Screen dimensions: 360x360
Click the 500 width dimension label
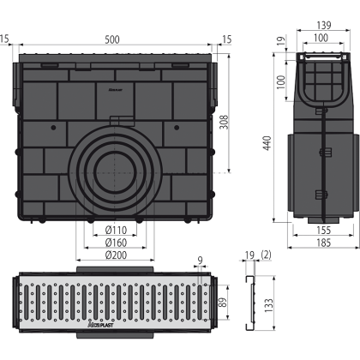[x=112, y=39]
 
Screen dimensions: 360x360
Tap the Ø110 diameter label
[x=116, y=230]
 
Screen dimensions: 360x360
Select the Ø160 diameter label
[x=116, y=243]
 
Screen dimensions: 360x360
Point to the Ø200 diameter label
[x=116, y=255]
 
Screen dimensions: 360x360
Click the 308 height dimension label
[x=224, y=122]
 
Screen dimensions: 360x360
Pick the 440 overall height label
[x=267, y=143]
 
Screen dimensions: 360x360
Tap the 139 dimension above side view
[x=324, y=26]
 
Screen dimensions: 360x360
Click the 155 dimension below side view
[x=324, y=231]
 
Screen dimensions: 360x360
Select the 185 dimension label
[x=324, y=243]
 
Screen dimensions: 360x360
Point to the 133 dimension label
[x=268, y=306]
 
